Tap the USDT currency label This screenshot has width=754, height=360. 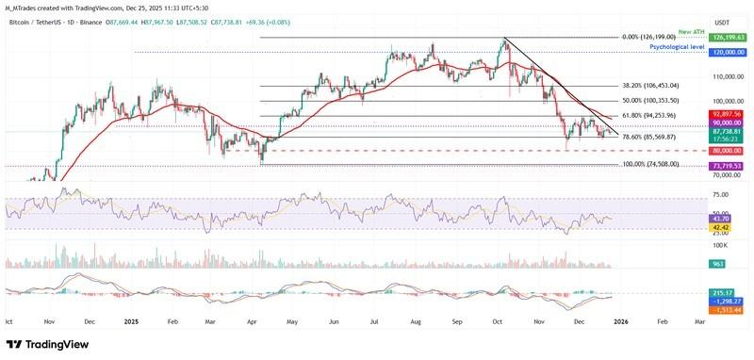coord(722,22)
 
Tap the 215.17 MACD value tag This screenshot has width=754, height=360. coord(722,293)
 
